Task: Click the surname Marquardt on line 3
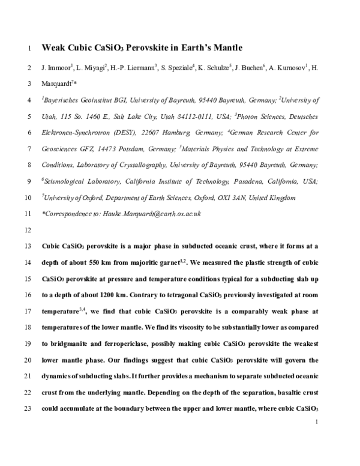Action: pyautogui.click(x=56, y=83)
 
